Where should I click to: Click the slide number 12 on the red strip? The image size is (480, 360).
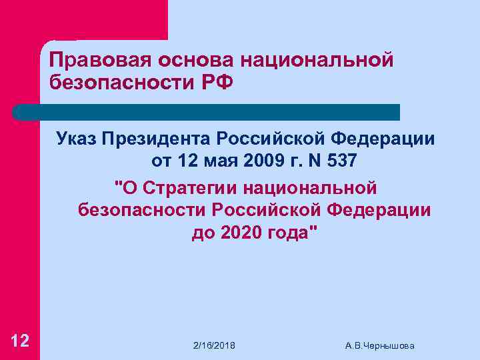pyautogui.click(x=20, y=341)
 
